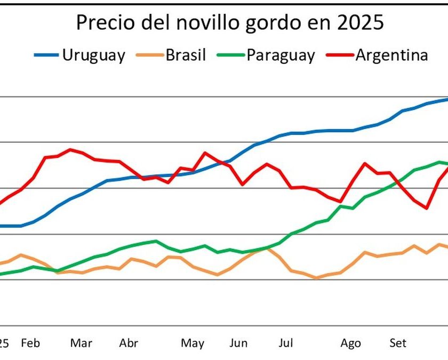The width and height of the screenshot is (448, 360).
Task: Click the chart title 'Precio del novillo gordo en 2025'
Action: (x=230, y=23)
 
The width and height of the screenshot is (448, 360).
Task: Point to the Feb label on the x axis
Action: (x=30, y=343)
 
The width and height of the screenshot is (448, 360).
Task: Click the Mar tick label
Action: (x=81, y=343)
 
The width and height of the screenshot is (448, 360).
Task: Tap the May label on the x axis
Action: (x=193, y=343)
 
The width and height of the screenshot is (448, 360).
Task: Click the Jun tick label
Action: (x=238, y=343)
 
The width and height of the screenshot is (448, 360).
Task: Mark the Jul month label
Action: (x=286, y=343)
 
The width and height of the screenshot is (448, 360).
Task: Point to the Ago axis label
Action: (x=351, y=343)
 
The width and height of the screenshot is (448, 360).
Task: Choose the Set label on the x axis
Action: (x=397, y=343)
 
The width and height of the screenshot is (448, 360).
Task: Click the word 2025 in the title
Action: (x=357, y=23)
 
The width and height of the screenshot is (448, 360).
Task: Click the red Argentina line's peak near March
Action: (x=70, y=149)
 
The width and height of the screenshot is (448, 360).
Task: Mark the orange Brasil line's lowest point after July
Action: (x=316, y=278)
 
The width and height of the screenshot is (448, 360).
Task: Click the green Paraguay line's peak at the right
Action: (x=439, y=162)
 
